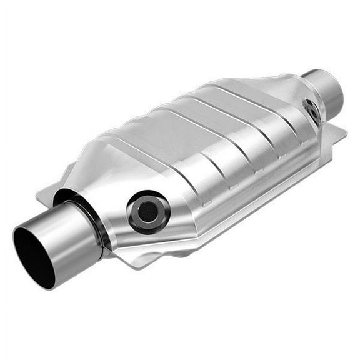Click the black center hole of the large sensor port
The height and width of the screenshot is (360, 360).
(147, 212)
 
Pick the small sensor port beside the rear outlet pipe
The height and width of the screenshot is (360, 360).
(312, 111)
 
